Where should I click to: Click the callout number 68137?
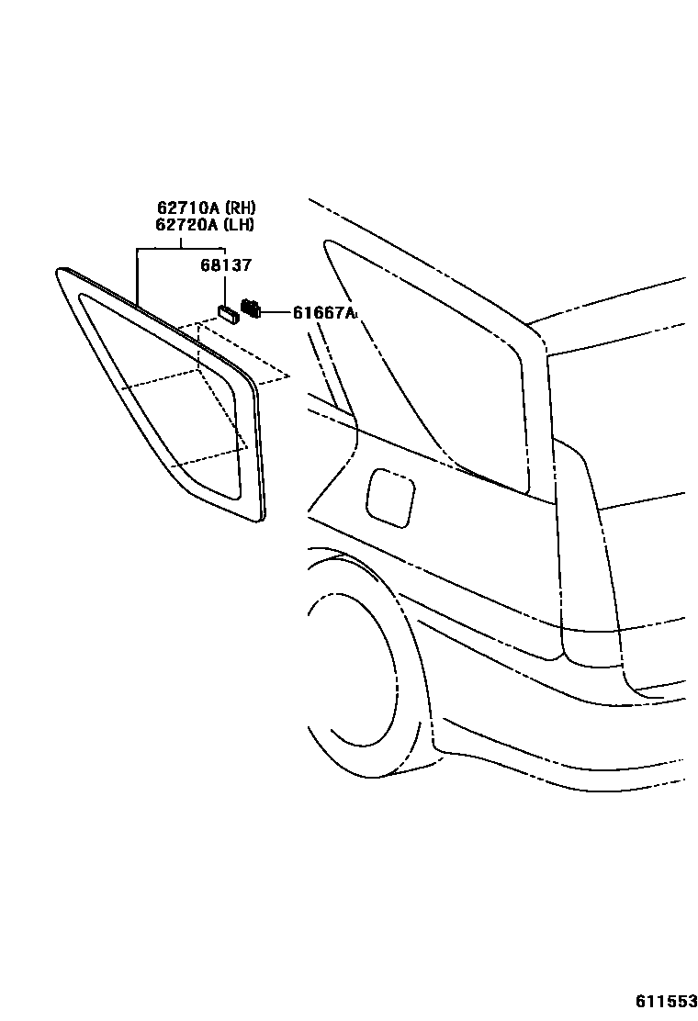226,266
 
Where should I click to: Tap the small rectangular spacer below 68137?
228,314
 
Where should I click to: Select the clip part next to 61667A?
251,309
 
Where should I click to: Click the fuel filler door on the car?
390,498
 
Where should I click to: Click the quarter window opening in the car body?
432,367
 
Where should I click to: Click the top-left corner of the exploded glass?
62,271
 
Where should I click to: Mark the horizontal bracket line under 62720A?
180,249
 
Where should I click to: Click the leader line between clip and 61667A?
276,313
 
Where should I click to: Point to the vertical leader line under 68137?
225,289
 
